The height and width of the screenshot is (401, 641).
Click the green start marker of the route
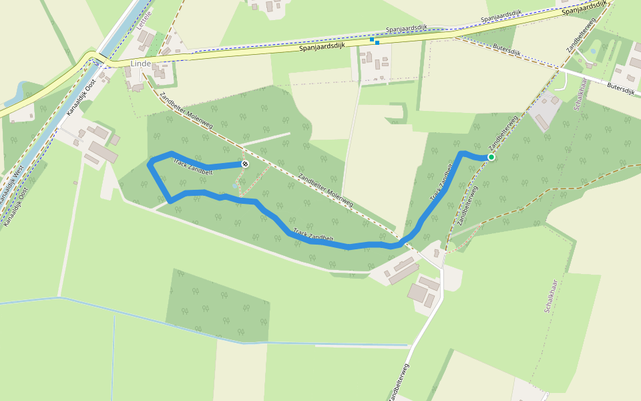491,157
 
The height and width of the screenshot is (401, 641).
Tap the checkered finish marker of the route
245,164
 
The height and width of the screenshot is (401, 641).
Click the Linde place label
141,63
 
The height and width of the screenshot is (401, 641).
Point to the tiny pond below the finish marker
234,185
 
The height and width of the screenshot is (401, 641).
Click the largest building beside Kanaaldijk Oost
103,152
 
